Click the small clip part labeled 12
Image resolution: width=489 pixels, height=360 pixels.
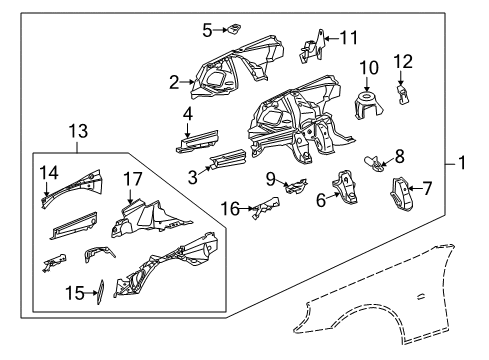pyautogui.click(x=403, y=93)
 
